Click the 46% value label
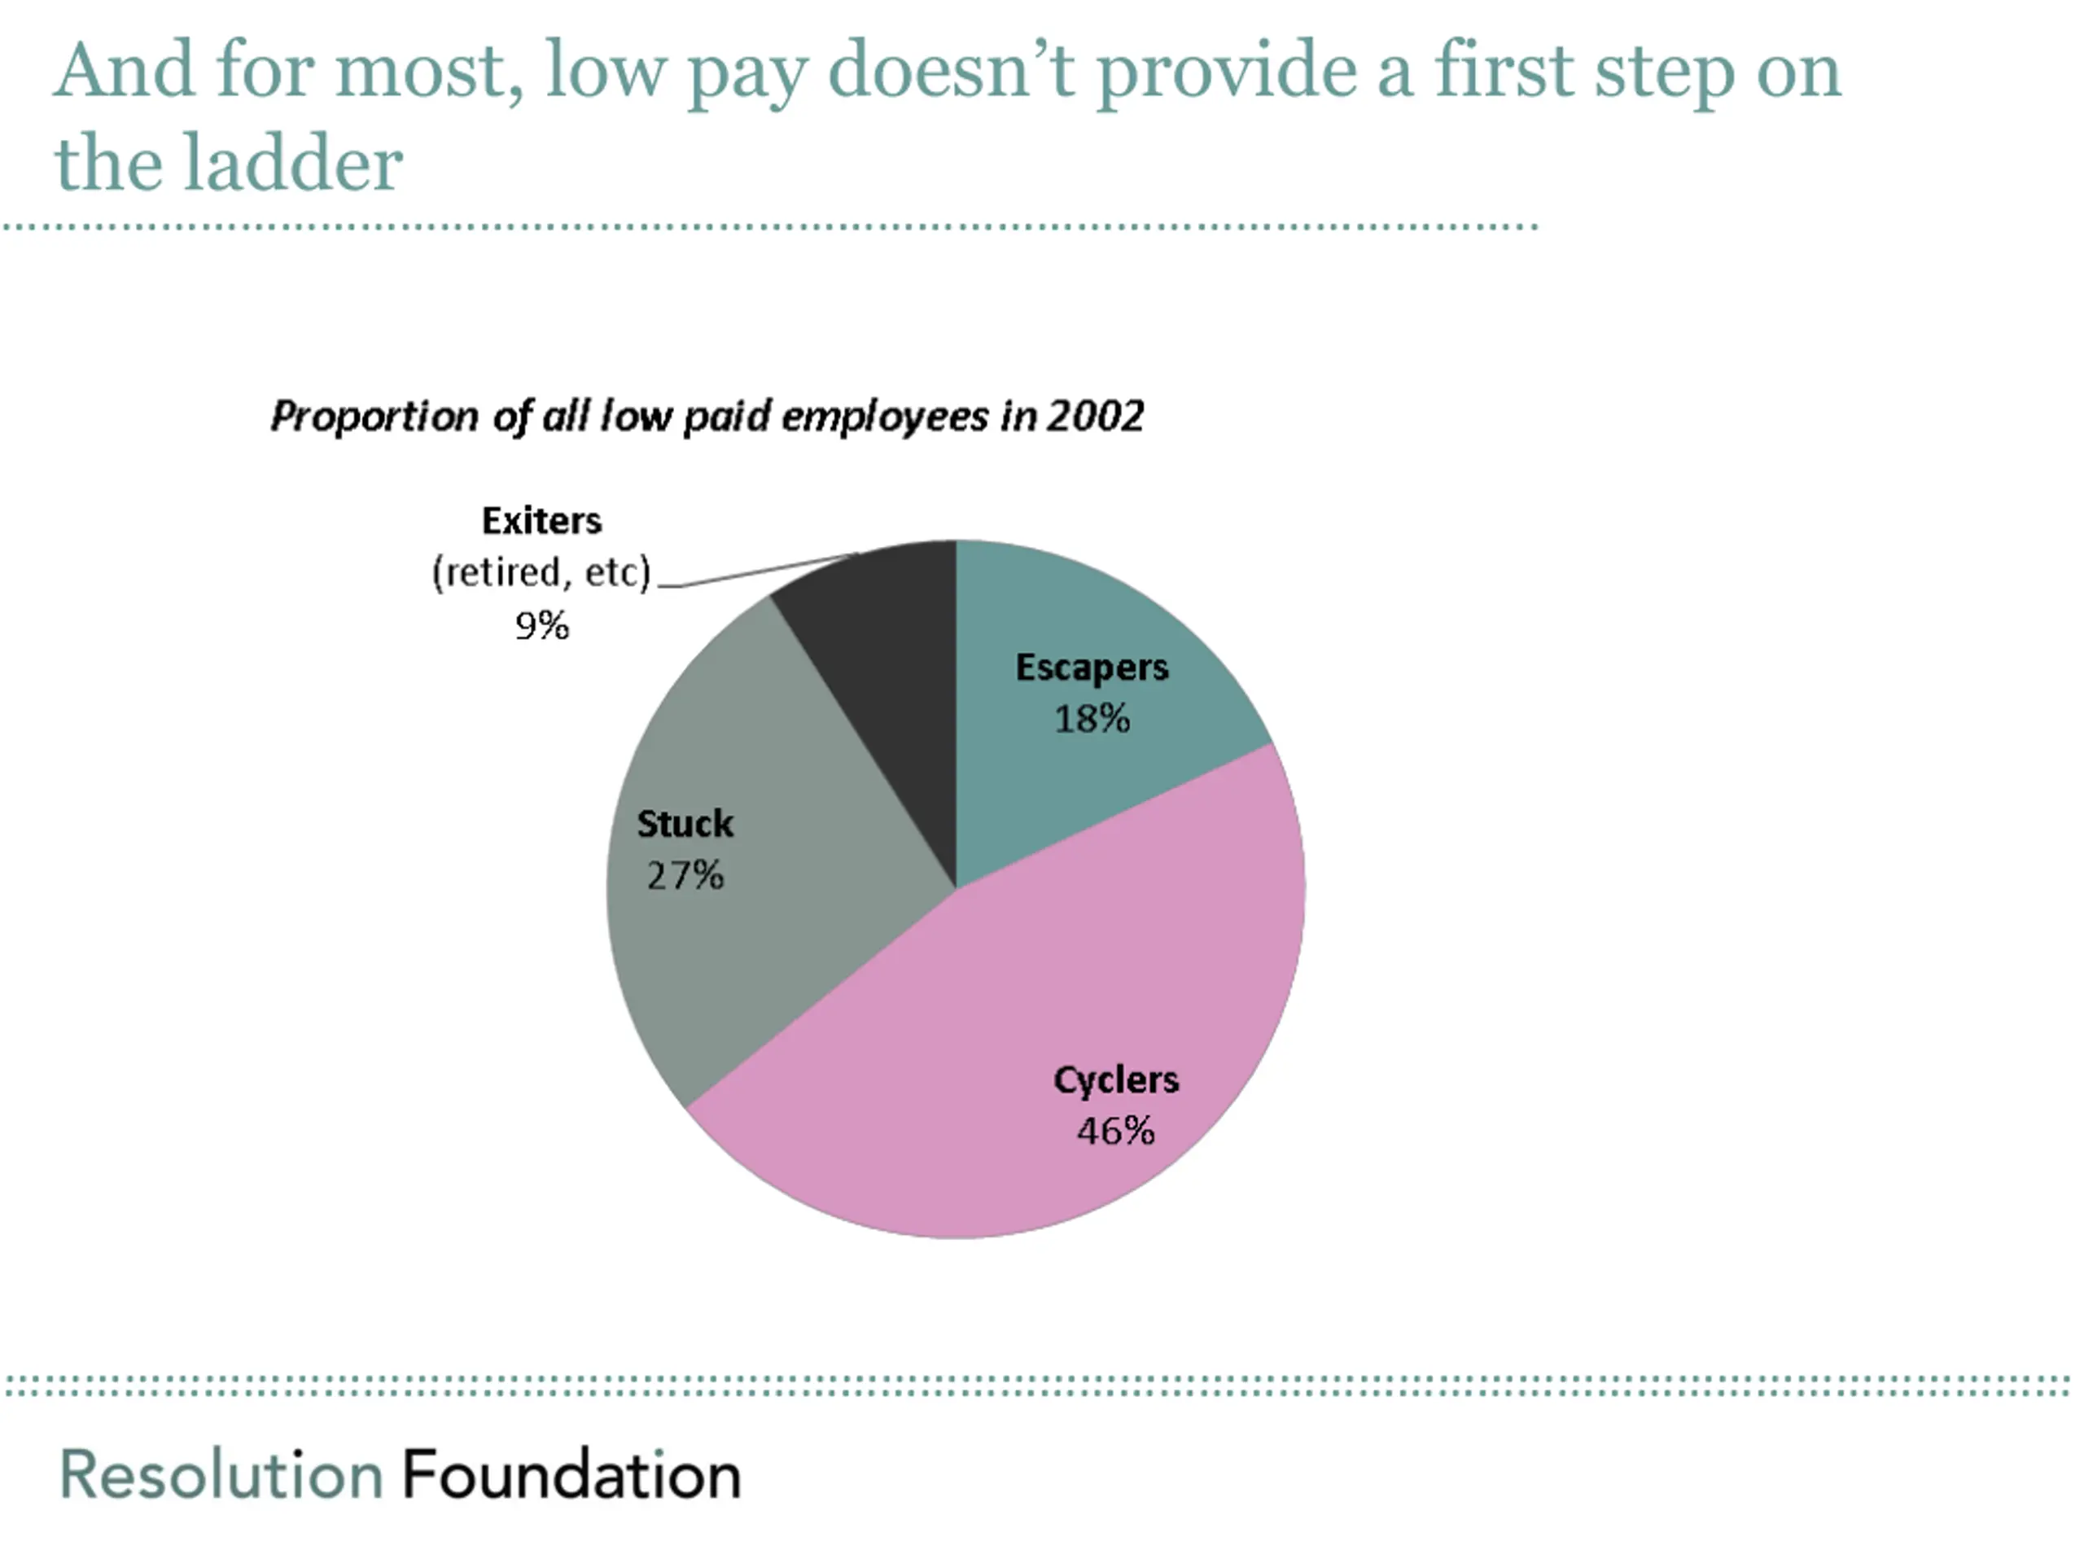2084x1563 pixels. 1115,1131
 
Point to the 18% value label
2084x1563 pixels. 1092,719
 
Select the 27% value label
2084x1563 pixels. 685,875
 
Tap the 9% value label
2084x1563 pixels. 541,625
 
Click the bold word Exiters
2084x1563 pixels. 541,520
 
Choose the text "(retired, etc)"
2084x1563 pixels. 541,571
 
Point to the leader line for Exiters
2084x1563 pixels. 754,571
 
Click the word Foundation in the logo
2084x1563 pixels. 571,1474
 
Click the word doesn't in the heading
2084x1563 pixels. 952,71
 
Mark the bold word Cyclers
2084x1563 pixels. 1115,1079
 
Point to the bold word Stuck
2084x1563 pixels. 685,825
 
